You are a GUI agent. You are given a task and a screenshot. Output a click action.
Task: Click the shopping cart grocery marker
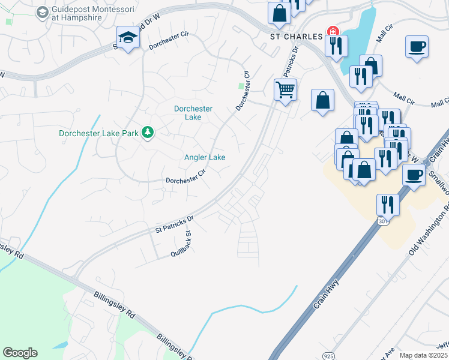pyautogui.click(x=285, y=91)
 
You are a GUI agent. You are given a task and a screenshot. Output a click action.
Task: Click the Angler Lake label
pyautogui.click(x=205, y=157)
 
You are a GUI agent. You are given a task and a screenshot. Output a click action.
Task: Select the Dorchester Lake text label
pyautogui.click(x=193, y=113)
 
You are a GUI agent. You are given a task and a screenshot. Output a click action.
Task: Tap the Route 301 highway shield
pyautogui.click(x=382, y=222)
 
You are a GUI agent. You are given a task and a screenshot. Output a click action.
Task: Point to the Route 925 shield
pyautogui.click(x=328, y=347)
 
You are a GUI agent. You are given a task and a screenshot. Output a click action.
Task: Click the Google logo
pyautogui.click(x=20, y=352)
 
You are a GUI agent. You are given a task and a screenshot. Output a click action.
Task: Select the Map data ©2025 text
pyautogui.click(x=423, y=355)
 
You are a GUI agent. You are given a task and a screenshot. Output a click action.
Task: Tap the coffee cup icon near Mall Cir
pyautogui.click(x=416, y=46)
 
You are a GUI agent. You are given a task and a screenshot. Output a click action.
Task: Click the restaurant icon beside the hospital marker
pyautogui.click(x=336, y=46)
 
